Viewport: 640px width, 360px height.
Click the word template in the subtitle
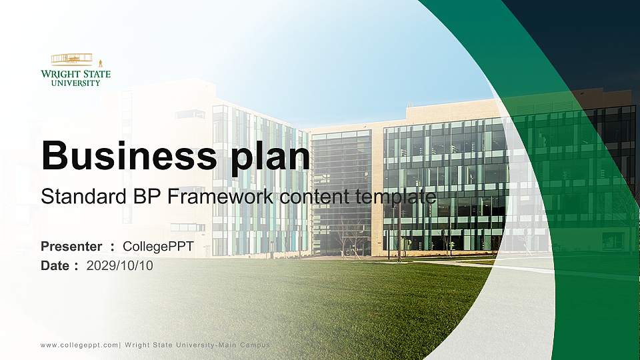tap(396, 197)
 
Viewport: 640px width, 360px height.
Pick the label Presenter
tap(71, 247)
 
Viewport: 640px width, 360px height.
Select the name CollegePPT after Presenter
tap(159, 247)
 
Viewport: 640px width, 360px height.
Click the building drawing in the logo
tap(72, 59)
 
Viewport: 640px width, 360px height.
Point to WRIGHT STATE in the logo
tap(76, 74)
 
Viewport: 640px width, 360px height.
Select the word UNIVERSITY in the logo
tap(76, 83)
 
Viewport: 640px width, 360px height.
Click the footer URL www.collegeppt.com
tap(79, 345)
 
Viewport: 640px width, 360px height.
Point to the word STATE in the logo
tap(98, 74)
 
